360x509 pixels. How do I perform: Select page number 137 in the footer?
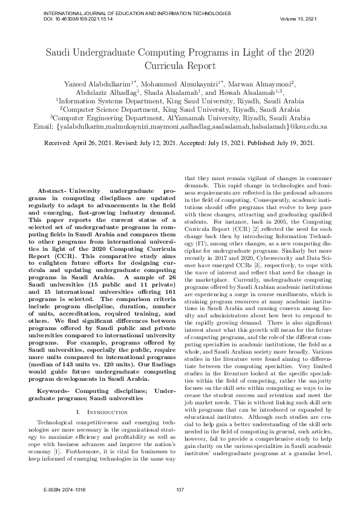[x=179, y=489]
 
